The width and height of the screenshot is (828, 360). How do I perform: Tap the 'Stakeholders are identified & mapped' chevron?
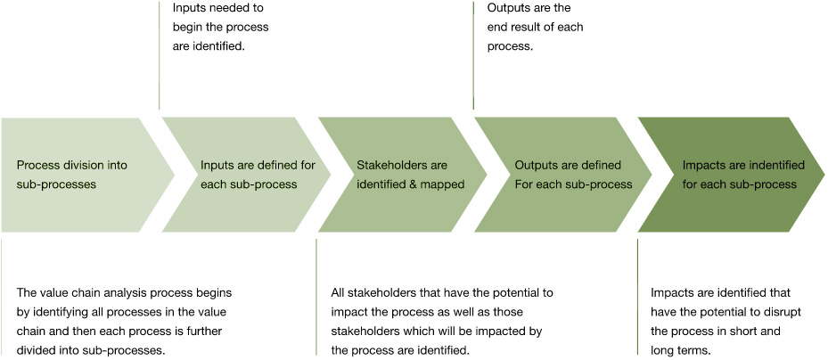(401, 174)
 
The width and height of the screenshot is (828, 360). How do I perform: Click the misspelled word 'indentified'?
(776, 165)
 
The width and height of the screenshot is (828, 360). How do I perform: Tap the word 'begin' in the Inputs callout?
(190, 27)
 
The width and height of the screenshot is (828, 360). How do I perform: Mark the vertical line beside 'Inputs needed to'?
(160, 53)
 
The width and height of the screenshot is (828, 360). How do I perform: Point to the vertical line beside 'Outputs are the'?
(473, 53)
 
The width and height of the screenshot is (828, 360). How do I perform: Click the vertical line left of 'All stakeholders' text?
(316, 294)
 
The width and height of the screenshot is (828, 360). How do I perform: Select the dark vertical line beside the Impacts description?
(637, 294)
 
